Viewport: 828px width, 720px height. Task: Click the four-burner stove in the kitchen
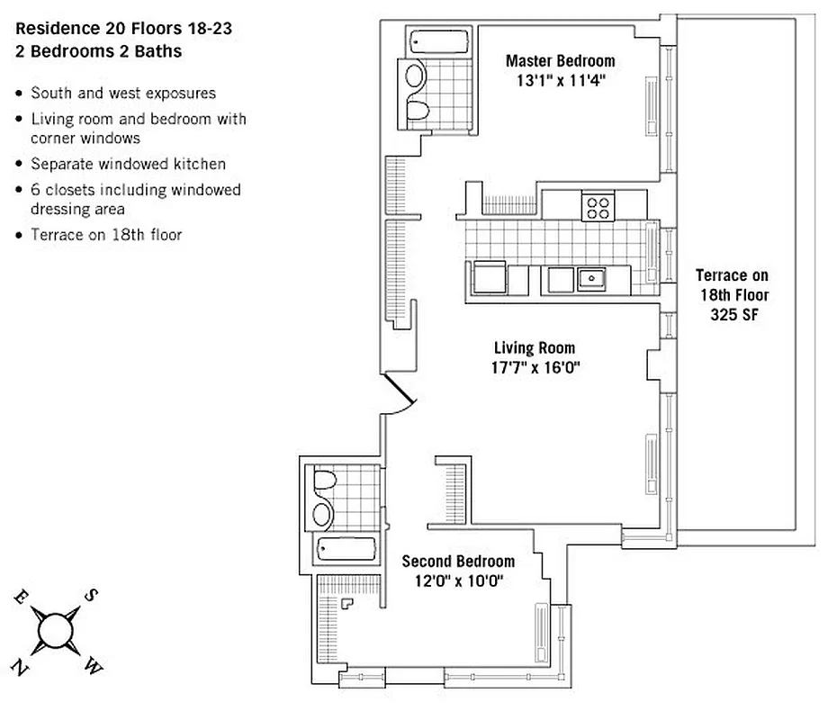(x=598, y=206)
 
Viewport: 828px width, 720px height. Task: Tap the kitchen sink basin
(x=590, y=279)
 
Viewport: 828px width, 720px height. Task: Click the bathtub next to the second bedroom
(x=345, y=549)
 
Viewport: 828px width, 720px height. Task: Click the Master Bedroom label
(x=560, y=61)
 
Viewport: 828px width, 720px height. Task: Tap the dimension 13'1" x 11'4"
(x=560, y=79)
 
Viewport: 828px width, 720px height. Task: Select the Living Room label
(x=535, y=348)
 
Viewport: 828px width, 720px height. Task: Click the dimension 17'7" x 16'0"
(x=535, y=367)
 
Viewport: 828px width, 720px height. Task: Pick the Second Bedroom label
(x=458, y=561)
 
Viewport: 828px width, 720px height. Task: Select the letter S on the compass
(x=91, y=595)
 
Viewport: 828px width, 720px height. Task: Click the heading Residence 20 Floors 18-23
(x=123, y=29)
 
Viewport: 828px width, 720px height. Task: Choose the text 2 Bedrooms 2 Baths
(x=98, y=51)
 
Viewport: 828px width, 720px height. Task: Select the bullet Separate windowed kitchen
(x=128, y=164)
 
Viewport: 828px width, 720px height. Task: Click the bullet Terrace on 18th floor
(x=106, y=235)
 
